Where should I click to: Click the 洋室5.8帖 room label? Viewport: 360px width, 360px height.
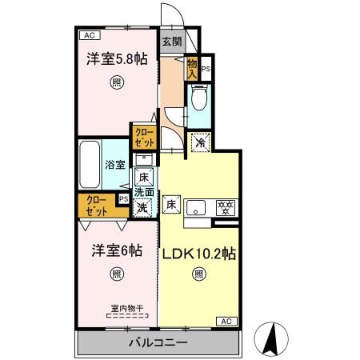[x=117, y=58]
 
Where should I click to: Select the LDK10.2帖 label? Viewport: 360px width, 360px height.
[x=199, y=253]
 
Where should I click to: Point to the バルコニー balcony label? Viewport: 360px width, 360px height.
[x=158, y=343]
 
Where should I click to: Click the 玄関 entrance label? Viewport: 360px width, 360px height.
[x=170, y=42]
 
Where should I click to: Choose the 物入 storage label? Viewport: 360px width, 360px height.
[x=193, y=68]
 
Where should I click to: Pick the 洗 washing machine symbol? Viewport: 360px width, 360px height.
[x=142, y=208]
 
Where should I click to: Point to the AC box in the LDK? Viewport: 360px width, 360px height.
[x=225, y=322]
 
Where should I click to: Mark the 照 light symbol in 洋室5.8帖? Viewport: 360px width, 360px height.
[x=118, y=82]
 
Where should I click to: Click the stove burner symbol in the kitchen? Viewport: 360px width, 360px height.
[x=226, y=208]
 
